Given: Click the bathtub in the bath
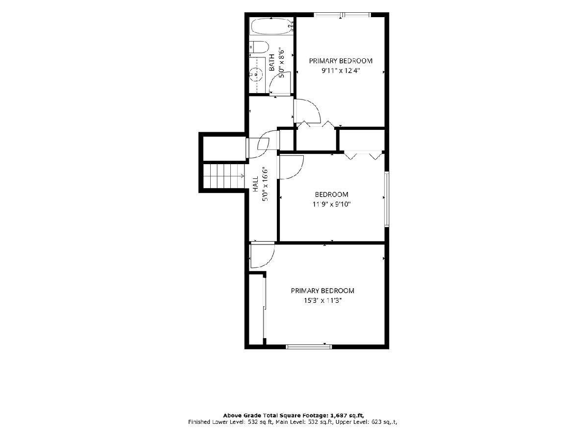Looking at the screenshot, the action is (271, 26).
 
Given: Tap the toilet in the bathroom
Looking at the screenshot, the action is (259, 48).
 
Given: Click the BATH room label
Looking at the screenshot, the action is (271, 63).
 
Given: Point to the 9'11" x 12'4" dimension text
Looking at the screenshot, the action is (341, 71).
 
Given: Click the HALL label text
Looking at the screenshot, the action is (256, 184).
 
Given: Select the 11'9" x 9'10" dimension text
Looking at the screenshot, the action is (331, 204).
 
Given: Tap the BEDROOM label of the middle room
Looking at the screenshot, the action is (331, 195).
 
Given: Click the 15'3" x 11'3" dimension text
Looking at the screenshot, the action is (322, 300).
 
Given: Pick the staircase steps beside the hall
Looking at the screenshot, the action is (223, 176).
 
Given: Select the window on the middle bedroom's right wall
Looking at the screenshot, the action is (387, 199).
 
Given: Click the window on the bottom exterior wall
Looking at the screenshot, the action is (309, 347).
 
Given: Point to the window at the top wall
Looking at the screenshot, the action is (342, 15).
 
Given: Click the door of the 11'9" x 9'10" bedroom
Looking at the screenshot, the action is (291, 167).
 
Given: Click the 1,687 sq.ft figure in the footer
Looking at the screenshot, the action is (347, 416).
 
